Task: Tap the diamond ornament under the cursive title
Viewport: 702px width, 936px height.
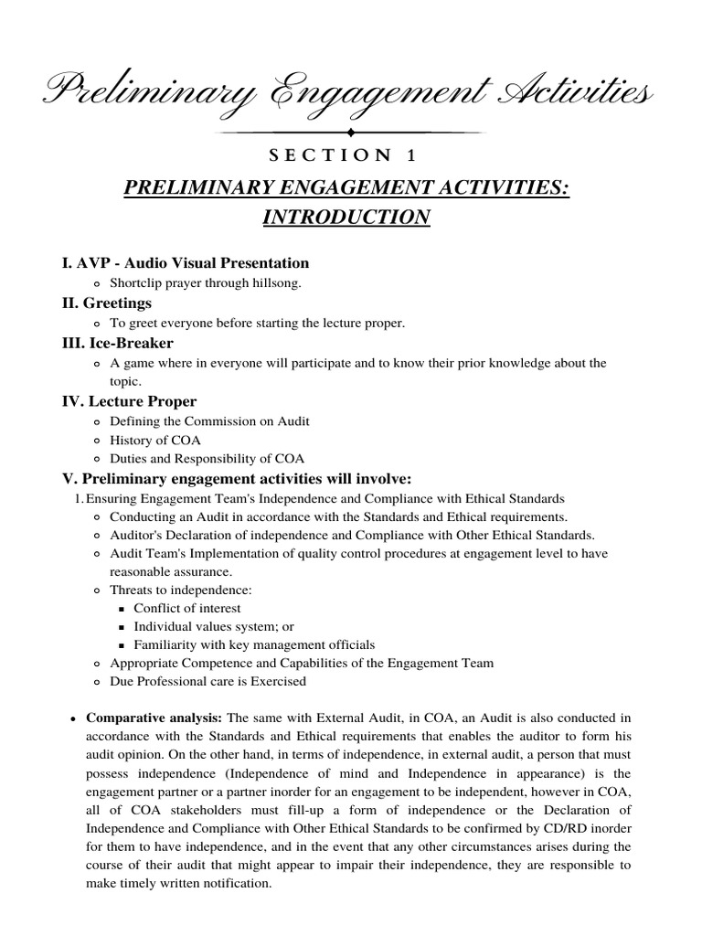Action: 351,133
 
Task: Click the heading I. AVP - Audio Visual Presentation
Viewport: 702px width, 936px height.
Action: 186,263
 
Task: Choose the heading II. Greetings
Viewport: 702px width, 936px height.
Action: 107,303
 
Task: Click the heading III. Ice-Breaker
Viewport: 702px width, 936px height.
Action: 117,343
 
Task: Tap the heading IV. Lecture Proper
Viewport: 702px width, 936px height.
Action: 129,401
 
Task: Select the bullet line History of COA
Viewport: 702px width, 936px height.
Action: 155,441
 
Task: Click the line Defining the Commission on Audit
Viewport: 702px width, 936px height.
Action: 209,421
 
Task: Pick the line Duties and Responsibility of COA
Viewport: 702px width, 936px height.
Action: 207,459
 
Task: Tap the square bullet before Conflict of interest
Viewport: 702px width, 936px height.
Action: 122,609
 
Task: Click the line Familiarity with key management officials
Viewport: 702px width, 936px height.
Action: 254,645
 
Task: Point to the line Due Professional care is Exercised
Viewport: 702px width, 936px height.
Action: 207,682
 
